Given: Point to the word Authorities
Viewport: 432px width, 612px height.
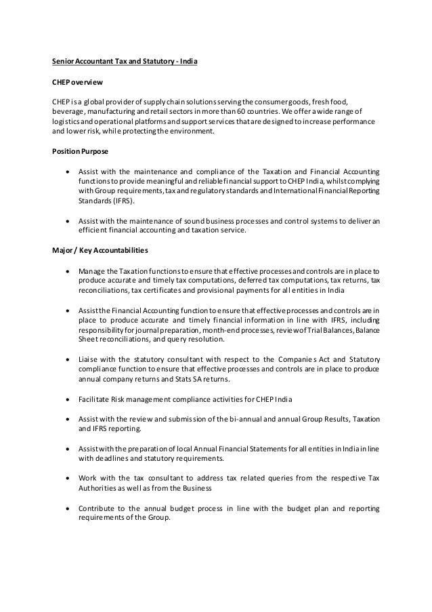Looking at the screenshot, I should pos(98,490).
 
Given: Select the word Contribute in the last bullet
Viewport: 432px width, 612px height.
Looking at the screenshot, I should pos(98,510).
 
